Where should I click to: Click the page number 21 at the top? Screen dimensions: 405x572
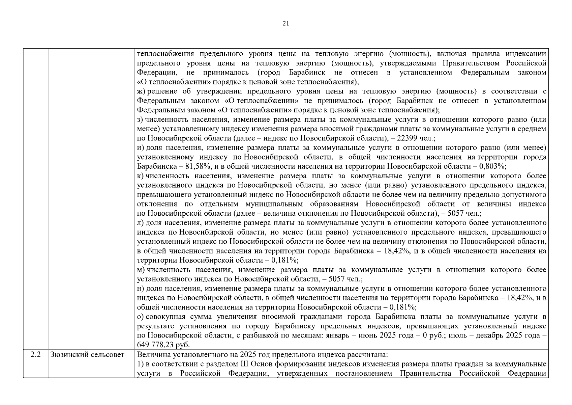tap(285, 23)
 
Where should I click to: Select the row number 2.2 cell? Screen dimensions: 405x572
tap(35, 355)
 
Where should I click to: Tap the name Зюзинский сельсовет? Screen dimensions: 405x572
tap(87, 355)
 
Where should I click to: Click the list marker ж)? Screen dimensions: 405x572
tap(141, 91)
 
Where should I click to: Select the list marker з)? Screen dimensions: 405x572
tap(141, 120)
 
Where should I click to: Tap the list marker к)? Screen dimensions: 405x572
tap(141, 176)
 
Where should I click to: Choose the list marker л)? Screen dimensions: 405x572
tap(141, 223)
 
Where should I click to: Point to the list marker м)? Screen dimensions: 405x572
tap(141, 270)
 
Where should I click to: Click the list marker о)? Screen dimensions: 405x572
tap(141, 317)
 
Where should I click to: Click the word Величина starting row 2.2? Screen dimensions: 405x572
tap(152, 355)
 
